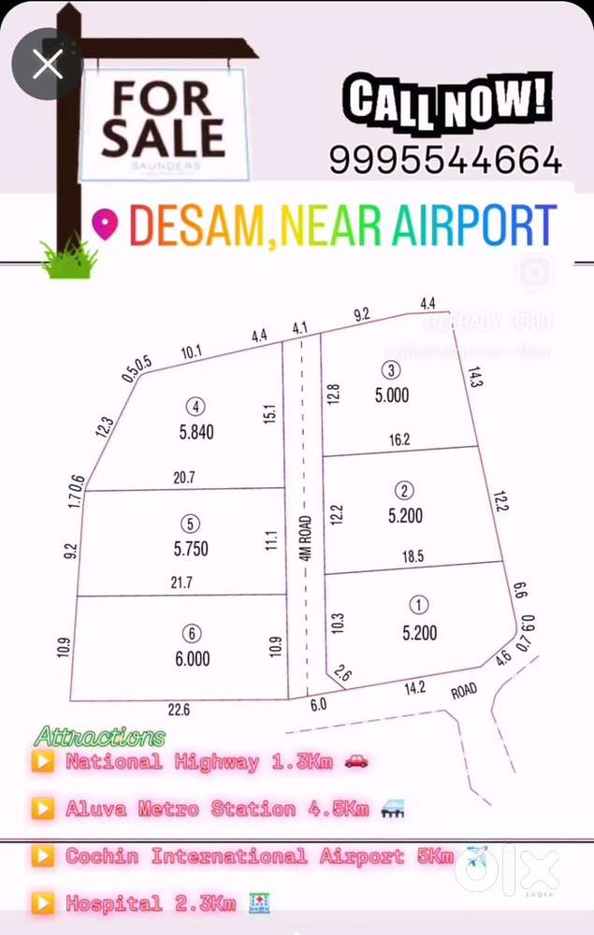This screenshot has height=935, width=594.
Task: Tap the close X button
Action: click(47, 64)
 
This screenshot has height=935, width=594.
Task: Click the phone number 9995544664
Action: click(445, 160)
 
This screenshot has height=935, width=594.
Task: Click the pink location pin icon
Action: click(106, 224)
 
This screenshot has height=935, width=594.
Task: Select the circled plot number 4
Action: click(196, 407)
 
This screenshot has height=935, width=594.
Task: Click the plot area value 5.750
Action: click(191, 549)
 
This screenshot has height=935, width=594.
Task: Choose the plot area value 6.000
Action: click(193, 658)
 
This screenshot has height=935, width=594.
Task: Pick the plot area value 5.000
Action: click(392, 396)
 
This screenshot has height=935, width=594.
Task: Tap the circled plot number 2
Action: click(404, 491)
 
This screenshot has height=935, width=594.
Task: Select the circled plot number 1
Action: click(419, 605)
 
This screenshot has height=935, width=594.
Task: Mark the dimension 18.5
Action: click(413, 556)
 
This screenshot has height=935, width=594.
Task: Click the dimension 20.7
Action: click(183, 477)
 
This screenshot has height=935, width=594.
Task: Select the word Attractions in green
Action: click(100, 738)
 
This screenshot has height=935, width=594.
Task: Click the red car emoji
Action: click(356, 761)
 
